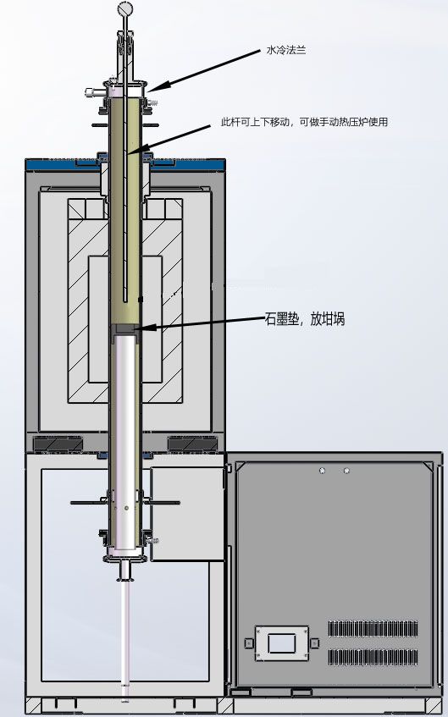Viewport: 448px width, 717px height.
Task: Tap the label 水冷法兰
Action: click(x=286, y=50)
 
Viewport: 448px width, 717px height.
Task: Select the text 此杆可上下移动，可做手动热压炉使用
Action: click(x=304, y=122)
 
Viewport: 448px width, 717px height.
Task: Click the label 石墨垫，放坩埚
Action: click(x=305, y=319)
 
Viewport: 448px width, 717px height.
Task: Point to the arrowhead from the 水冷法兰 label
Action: click(x=160, y=85)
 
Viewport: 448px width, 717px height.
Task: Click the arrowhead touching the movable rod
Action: click(x=138, y=149)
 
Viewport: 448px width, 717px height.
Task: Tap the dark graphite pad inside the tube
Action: click(x=125, y=329)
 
